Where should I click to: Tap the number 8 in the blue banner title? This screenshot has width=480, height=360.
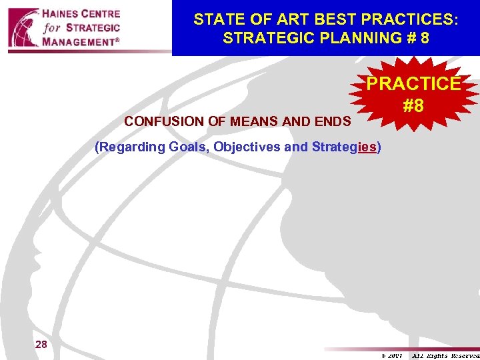[424, 38]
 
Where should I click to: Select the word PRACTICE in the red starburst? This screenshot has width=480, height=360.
[413, 85]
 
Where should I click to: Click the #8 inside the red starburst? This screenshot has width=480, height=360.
[413, 105]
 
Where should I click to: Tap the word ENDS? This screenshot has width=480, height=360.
[335, 122]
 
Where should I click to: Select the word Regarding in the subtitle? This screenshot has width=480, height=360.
[130, 147]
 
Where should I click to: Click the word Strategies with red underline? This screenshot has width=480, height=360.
[344, 147]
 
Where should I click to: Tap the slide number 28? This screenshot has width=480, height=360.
[41, 344]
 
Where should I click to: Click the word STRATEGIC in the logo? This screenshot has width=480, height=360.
[93, 27]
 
